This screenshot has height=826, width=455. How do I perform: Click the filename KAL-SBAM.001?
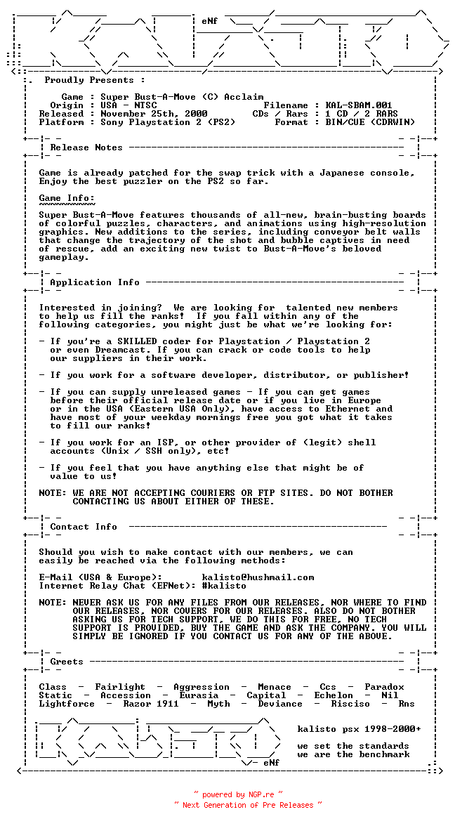pos(364,105)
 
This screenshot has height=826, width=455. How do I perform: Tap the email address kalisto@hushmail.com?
pos(258,577)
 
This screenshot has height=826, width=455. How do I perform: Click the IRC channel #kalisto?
pos(224,586)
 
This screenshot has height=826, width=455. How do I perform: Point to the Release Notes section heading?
pos(86,147)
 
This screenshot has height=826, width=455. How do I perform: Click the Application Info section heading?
pos(95,282)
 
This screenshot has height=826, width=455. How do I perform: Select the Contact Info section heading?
pos(84,527)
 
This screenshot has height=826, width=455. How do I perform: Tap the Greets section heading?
pos(67,662)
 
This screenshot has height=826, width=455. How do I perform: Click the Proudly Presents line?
pos(95,80)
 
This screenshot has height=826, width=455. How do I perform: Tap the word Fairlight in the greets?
pos(120,687)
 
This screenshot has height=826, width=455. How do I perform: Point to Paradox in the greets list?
pos(384,687)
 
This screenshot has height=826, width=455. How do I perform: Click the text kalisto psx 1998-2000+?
pos(359,729)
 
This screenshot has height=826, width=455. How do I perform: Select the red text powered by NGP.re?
pos(239,794)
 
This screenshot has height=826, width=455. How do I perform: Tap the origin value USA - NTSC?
pos(128,105)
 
